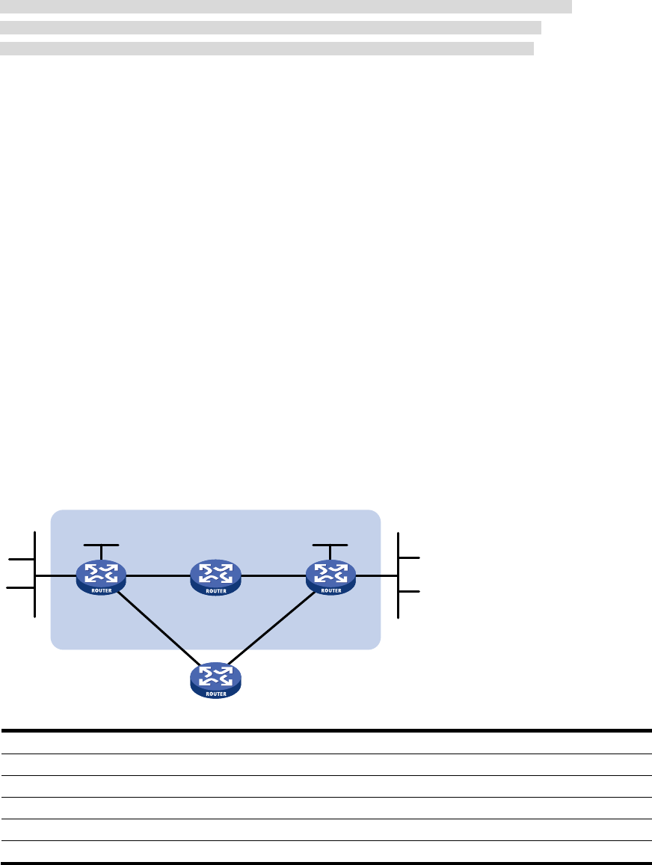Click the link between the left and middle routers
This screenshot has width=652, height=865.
[158, 576]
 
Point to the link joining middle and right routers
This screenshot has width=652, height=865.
[273, 576]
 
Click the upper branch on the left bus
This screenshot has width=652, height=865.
[21, 558]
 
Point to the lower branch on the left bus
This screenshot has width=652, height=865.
[21, 589]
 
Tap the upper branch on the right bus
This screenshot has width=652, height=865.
[410, 558]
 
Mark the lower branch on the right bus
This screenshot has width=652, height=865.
[410, 592]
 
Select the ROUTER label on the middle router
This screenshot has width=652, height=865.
[215, 590]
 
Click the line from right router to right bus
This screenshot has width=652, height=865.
[377, 575]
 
